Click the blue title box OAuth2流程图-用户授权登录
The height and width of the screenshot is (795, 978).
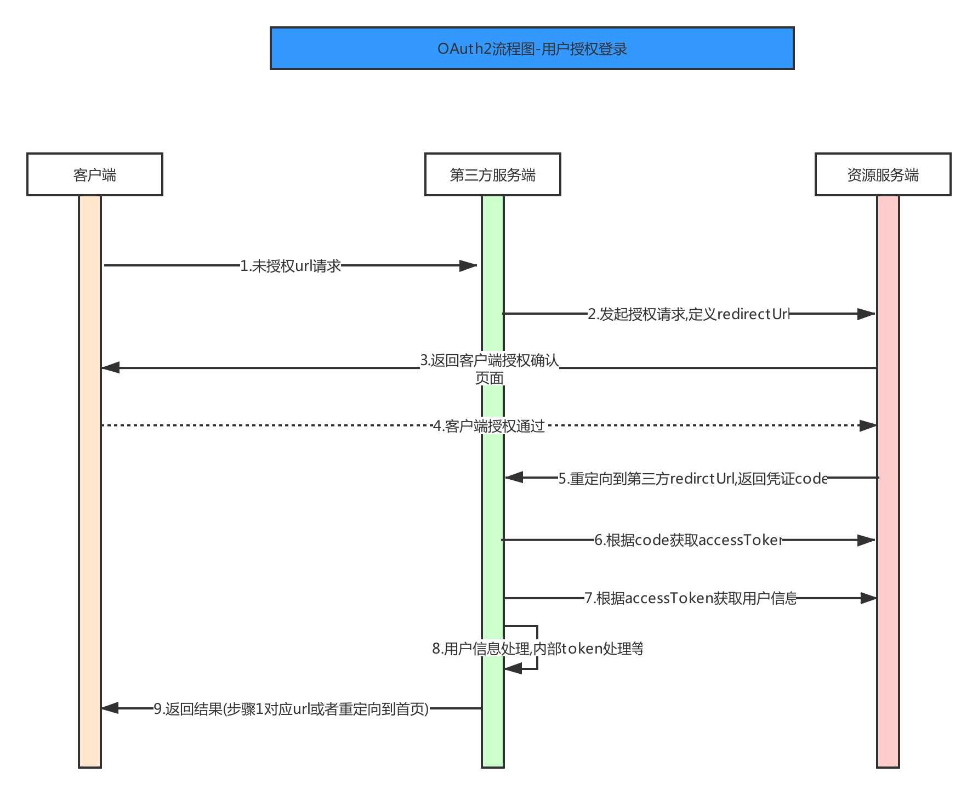pyautogui.click(x=532, y=48)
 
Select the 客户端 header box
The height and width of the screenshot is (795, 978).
pyautogui.click(x=95, y=174)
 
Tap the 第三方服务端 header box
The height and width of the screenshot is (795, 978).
pyautogui.click(x=492, y=174)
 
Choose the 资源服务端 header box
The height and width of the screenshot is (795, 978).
pyautogui.click(x=883, y=174)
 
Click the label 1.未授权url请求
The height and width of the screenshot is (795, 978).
pyautogui.click(x=291, y=266)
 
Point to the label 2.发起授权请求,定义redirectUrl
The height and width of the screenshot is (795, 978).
pyautogui.click(x=689, y=314)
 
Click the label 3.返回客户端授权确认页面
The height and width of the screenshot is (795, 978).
pyautogui.click(x=490, y=368)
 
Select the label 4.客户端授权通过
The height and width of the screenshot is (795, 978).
pyautogui.click(x=489, y=426)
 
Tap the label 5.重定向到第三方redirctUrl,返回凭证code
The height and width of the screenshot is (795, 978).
pyautogui.click(x=693, y=479)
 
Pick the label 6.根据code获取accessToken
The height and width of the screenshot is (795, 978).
pyautogui.click(x=689, y=540)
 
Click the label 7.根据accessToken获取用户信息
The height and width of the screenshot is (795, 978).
pyautogui.click(x=691, y=598)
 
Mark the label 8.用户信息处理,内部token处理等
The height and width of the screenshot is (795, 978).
pyautogui.click(x=537, y=649)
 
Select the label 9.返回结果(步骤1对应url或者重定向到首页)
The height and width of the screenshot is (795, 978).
pyautogui.click(x=291, y=709)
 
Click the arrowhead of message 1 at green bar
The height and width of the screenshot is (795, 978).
pyautogui.click(x=469, y=266)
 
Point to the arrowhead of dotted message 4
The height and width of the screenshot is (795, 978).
pyautogui.click(x=868, y=425)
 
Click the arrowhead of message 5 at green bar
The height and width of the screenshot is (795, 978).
pyautogui.click(x=514, y=478)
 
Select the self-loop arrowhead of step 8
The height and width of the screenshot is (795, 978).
pyautogui.click(x=513, y=669)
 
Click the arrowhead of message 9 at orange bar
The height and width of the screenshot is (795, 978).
pyautogui.click(x=110, y=708)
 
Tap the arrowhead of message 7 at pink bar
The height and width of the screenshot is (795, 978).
pyautogui.click(x=868, y=598)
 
